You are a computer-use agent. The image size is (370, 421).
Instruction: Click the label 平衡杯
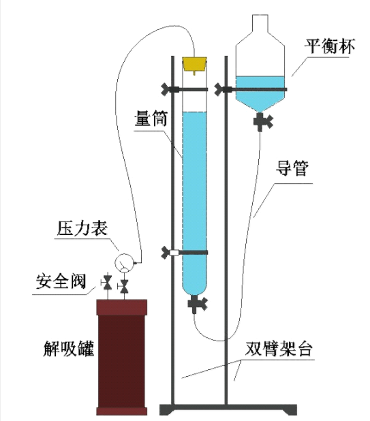pyautogui.click(x=329, y=47)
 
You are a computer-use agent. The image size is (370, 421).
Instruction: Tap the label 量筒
pyautogui.click(x=151, y=119)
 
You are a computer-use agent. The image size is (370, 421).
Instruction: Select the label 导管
pyautogui.click(x=292, y=168)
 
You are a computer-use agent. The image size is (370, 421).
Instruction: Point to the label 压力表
pyautogui.click(x=82, y=228)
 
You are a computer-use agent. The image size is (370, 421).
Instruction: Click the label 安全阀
pyautogui.click(x=61, y=281)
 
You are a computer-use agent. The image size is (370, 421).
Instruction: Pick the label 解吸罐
pyautogui.click(x=69, y=348)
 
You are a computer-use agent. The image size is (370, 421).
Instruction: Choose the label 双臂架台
pyautogui.click(x=279, y=349)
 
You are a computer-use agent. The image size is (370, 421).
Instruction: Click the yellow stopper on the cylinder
pyautogui.click(x=194, y=65)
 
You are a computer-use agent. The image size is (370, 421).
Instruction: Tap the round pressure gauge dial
pyautogui.click(x=124, y=262)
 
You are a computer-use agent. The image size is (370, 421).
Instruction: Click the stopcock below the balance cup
pyautogui.click(x=263, y=122)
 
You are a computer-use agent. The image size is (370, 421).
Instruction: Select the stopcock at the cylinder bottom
pyautogui.click(x=198, y=303)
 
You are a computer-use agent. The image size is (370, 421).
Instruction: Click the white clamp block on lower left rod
pyautogui.click(x=174, y=252)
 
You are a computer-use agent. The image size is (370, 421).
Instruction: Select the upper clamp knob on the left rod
pyautogui.click(x=166, y=89)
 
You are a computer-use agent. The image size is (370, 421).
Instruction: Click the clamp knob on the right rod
pyautogui.click(x=219, y=89)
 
